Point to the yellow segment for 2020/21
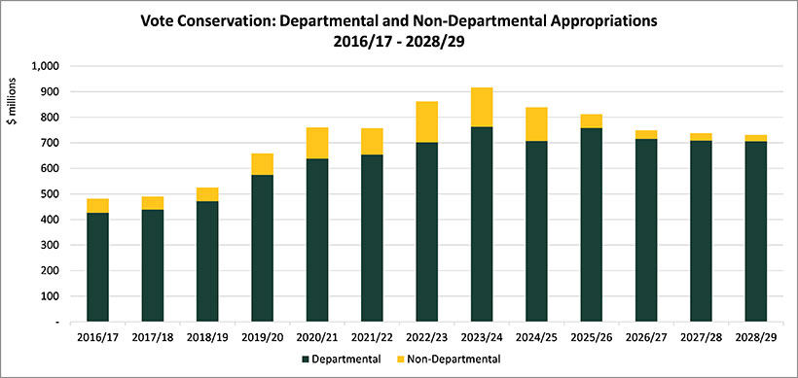click(x=317, y=143)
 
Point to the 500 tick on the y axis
click(x=50, y=194)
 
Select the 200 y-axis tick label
click(x=50, y=271)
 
